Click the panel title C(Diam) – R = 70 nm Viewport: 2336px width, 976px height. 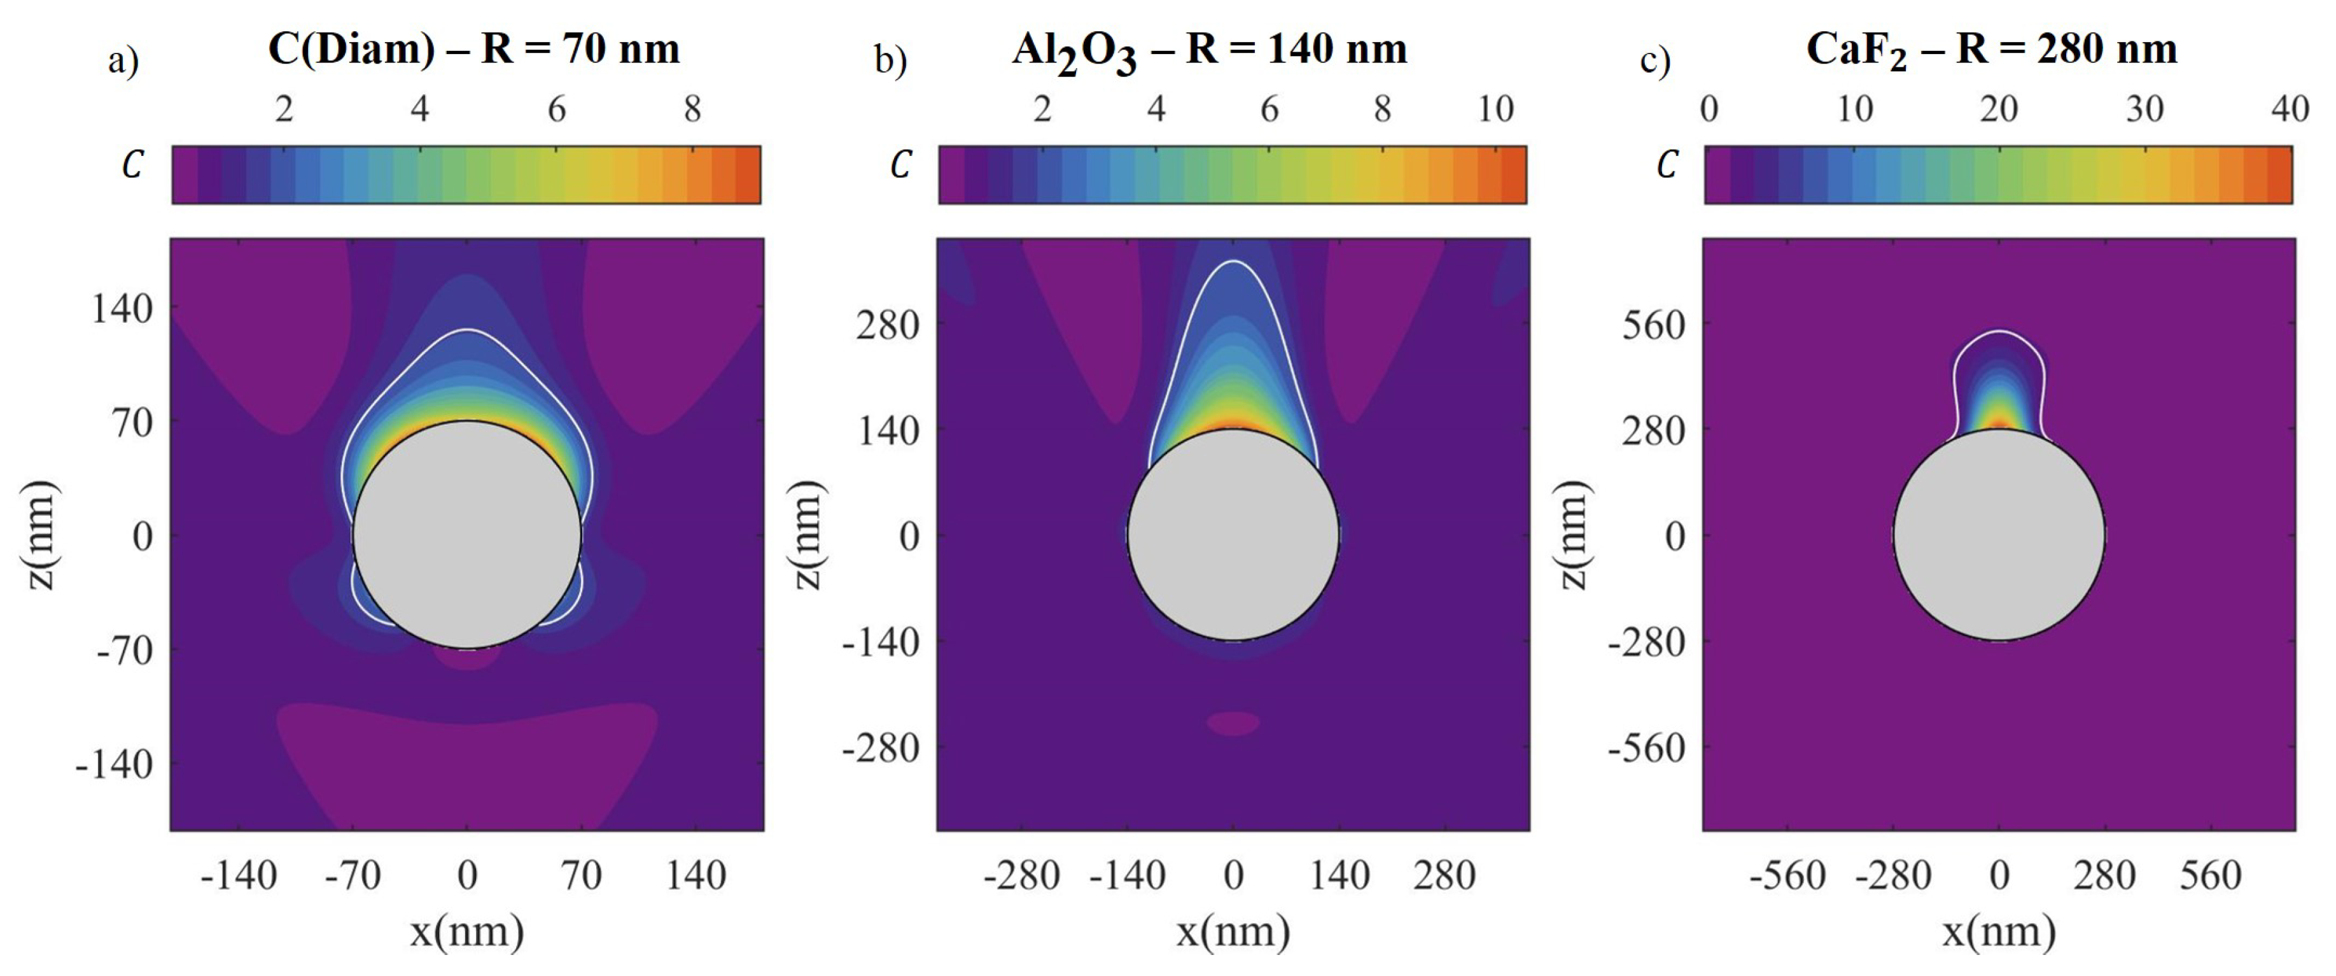tap(473, 49)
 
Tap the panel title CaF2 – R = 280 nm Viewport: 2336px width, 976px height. tap(1991, 50)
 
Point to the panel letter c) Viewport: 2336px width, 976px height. tap(1655, 62)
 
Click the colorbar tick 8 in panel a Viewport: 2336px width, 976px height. tap(693, 110)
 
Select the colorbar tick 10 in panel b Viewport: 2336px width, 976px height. tap(1495, 110)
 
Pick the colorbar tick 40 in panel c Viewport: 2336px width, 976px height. tap(2290, 110)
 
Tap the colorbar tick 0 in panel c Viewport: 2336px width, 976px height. tap(1709, 110)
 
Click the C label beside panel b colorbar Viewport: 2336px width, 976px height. tap(900, 165)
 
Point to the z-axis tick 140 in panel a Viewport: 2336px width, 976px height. tap(122, 309)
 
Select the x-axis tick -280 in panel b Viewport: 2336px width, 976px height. tap(1021, 876)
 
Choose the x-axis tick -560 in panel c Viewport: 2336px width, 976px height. tap(1787, 876)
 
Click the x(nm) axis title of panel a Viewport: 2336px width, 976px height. tap(466, 931)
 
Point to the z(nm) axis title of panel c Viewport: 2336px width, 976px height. tap(1575, 535)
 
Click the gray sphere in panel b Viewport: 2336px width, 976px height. tap(1233, 535)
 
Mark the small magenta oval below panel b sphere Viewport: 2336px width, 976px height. tap(1233, 723)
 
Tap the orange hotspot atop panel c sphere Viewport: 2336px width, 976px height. tap(1999, 423)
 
